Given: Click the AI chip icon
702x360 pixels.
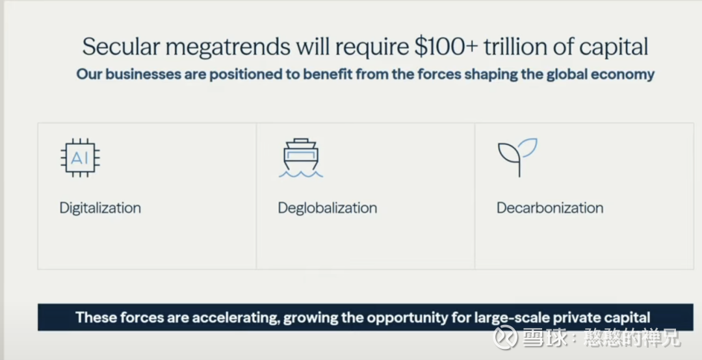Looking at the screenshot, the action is (80, 158).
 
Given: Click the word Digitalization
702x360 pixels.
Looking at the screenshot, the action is (100, 208).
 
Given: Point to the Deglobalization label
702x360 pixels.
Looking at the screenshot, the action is (327, 208).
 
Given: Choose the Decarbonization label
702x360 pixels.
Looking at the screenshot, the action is (550, 208).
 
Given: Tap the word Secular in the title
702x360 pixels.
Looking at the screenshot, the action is (120, 47).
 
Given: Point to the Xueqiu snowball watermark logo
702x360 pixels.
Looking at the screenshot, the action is (505, 337).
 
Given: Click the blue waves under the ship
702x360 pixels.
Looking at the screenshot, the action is (301, 174).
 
